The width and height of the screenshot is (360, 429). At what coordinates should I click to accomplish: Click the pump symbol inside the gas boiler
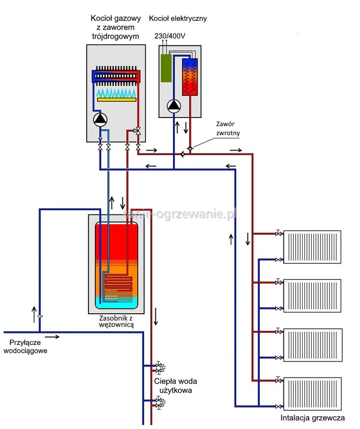click(100, 120)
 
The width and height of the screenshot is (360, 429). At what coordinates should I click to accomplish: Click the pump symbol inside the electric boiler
click(174, 106)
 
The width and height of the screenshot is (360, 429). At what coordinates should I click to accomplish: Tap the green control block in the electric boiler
click(167, 68)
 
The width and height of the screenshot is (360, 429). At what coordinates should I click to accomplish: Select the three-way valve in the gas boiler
click(138, 130)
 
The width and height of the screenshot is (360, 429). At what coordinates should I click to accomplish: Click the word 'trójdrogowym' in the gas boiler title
click(116, 36)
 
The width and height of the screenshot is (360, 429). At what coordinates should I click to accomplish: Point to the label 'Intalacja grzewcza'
click(312, 419)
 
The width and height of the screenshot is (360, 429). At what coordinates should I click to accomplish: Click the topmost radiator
click(312, 247)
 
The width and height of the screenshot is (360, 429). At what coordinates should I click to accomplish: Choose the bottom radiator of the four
click(312, 393)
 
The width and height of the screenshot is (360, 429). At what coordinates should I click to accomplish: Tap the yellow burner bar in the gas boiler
click(116, 99)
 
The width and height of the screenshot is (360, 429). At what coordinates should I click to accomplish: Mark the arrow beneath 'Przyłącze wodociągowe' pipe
click(52, 337)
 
